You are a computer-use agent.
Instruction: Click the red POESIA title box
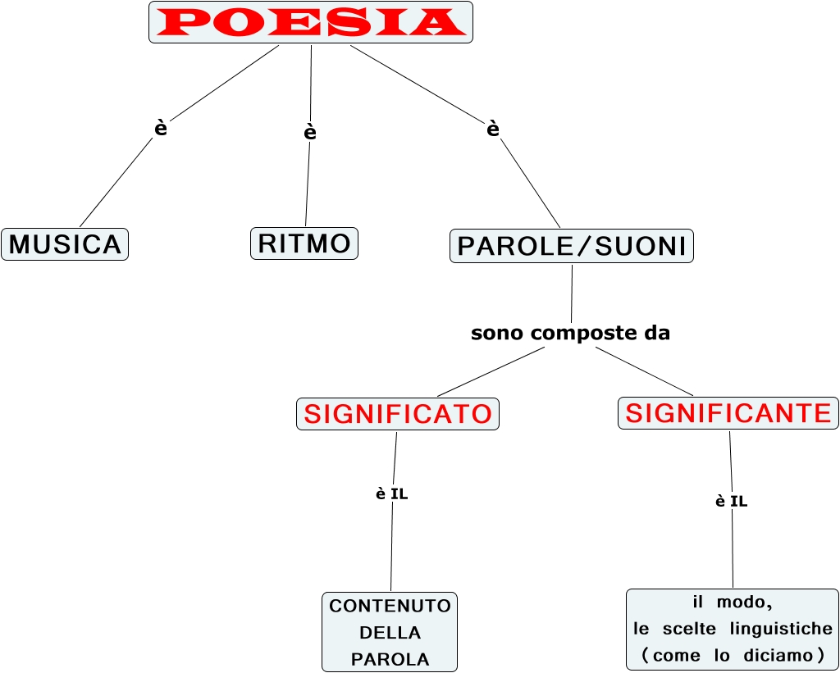(311, 22)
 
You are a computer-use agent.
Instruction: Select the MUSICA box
(65, 244)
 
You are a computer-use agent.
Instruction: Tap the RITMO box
(304, 243)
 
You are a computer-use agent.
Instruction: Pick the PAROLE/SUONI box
(572, 246)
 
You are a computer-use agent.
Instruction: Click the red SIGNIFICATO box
(398, 414)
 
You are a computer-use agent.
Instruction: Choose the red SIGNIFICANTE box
(728, 413)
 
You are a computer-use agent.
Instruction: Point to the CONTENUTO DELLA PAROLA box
(390, 632)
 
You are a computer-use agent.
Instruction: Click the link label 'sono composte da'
(571, 334)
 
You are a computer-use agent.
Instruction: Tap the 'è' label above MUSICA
(161, 128)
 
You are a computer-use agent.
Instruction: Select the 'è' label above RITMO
(310, 132)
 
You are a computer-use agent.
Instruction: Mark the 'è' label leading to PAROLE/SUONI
(493, 129)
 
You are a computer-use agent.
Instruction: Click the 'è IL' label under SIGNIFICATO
(392, 494)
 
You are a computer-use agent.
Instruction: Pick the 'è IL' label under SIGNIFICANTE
(732, 501)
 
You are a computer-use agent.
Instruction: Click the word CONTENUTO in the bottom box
(390, 606)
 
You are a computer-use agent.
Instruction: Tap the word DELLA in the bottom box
(390, 633)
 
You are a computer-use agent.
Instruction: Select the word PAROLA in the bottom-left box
(390, 659)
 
